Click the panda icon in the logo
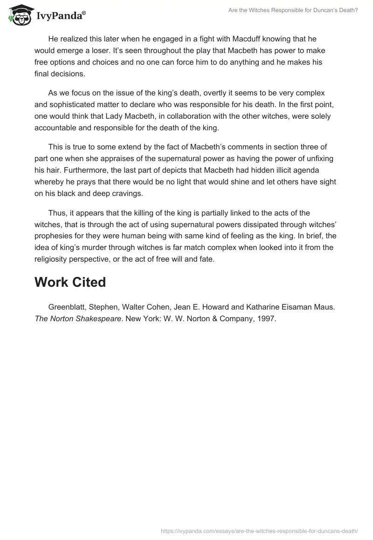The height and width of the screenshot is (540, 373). [19, 15]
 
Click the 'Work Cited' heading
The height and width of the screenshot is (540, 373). [70, 282]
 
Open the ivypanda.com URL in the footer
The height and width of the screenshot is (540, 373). [259, 531]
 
